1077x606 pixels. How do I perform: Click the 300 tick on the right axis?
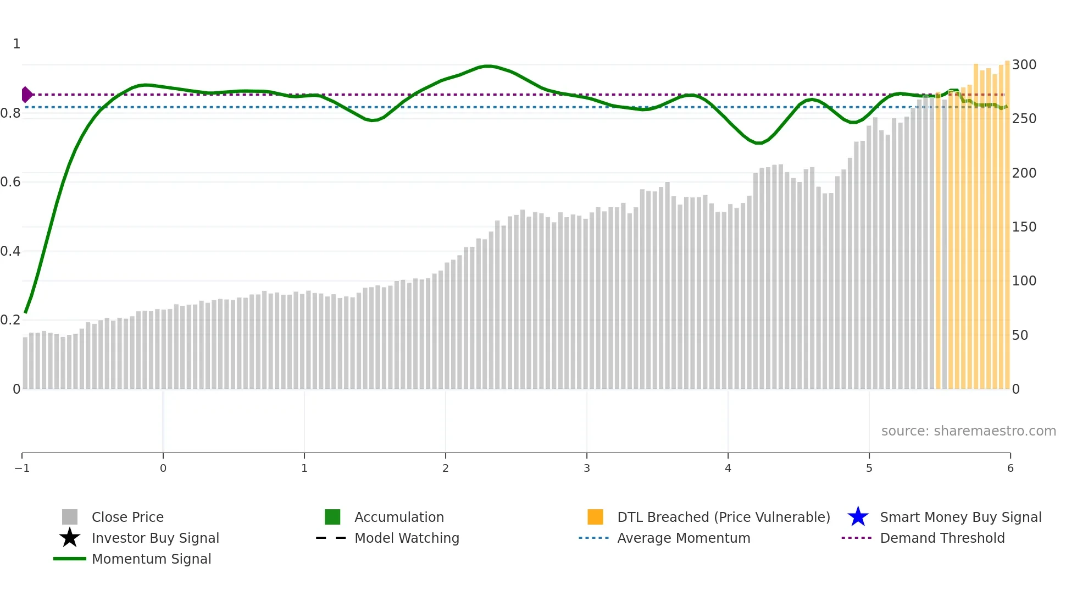1024,65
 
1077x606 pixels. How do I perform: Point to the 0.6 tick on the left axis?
10,182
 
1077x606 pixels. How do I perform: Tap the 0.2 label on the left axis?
10,320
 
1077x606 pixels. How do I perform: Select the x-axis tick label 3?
587,468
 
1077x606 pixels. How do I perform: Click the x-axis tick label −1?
22,468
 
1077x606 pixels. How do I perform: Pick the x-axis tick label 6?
1010,468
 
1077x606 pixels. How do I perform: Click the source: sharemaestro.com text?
968,431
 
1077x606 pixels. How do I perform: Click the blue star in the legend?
858,517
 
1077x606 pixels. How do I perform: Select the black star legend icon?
70,538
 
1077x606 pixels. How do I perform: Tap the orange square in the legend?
595,517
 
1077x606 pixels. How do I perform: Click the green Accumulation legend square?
332,517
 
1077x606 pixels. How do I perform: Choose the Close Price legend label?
127,517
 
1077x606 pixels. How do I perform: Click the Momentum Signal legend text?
151,559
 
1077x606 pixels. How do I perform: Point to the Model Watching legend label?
407,538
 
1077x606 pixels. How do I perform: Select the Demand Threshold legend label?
942,538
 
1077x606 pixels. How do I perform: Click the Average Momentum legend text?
684,538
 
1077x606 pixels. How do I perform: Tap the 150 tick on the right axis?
1024,227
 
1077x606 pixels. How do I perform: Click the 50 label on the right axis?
1020,335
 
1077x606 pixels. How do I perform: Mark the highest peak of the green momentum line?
487,66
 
